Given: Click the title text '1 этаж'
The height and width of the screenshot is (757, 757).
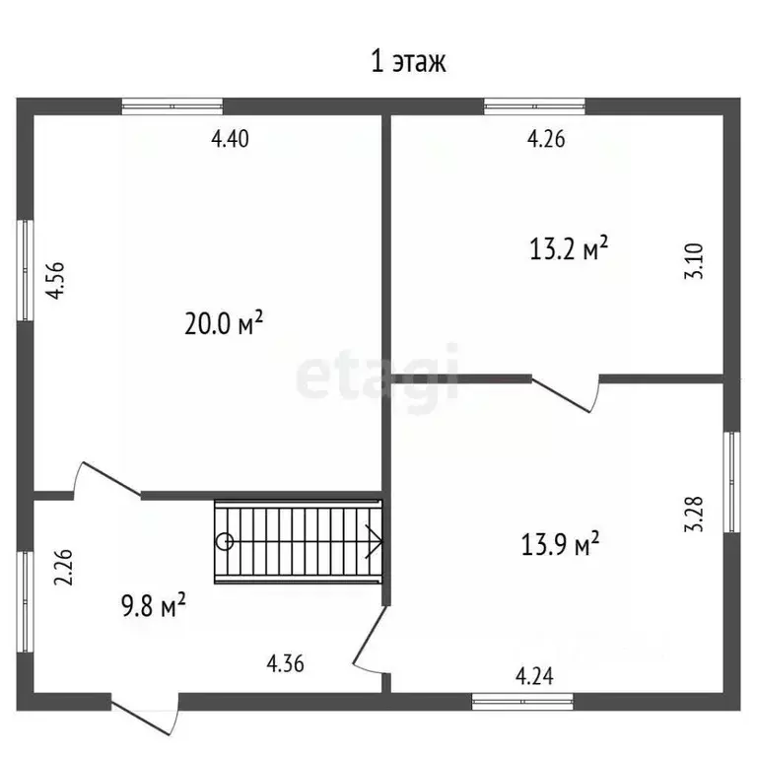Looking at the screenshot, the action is pos(408,62).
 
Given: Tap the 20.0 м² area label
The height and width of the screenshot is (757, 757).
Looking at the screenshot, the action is pos(224,322).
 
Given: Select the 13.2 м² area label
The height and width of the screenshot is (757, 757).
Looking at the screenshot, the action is pos(568,248).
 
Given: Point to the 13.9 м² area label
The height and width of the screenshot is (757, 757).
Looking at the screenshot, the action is pos(560,544).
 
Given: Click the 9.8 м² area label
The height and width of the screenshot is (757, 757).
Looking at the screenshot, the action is pos(154,605).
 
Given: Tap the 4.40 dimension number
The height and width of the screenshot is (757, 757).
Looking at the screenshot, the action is pos(230,139).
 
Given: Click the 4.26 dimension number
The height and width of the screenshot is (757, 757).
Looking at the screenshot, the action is pos(545,139).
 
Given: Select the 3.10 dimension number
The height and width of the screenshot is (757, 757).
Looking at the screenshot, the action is pos(694,261).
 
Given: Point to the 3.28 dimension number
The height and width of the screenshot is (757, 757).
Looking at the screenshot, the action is pos(694,515).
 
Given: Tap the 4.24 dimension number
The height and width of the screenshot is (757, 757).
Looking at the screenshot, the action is pos(534,676).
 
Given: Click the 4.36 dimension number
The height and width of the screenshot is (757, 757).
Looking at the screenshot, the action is pos(285,663).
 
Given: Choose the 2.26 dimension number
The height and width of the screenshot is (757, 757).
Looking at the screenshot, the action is pos(63,568).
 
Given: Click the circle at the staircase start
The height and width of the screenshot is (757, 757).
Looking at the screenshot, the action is pos(225,542).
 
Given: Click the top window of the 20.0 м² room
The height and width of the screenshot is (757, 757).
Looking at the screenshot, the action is pos(172,106).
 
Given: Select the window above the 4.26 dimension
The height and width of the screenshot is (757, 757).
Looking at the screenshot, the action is pos(534,106).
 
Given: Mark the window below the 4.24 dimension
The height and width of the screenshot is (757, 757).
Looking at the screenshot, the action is pos(522,702).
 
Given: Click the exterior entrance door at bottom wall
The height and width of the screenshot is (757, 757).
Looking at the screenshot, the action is pos(145,714).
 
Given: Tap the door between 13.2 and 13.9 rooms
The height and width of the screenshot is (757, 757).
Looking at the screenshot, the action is pos(566,393).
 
